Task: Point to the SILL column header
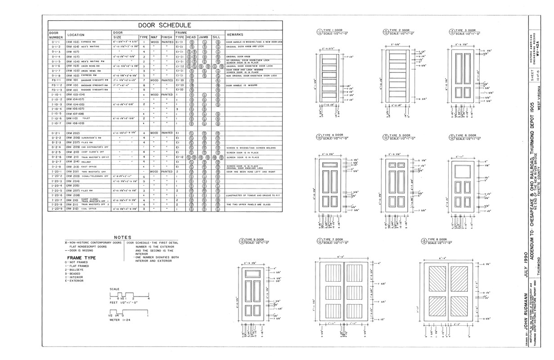(216, 37)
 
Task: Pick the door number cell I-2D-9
(57, 209)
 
